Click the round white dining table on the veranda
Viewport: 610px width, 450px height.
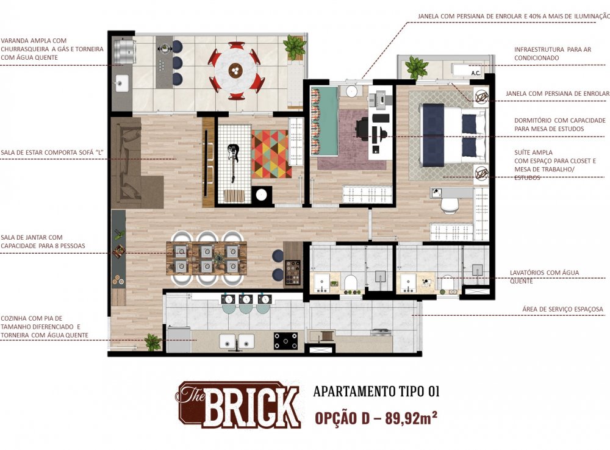(235, 71)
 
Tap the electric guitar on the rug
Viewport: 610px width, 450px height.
(232, 160)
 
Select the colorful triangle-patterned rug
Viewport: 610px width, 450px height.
(271, 154)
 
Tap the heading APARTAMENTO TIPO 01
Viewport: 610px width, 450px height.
(376, 391)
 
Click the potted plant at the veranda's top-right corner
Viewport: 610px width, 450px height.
(295, 46)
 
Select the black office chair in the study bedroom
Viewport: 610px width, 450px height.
(363, 128)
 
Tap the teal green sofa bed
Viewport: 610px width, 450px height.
(324, 121)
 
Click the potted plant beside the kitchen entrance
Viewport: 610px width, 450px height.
(152, 342)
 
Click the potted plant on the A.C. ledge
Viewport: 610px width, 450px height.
(417, 66)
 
